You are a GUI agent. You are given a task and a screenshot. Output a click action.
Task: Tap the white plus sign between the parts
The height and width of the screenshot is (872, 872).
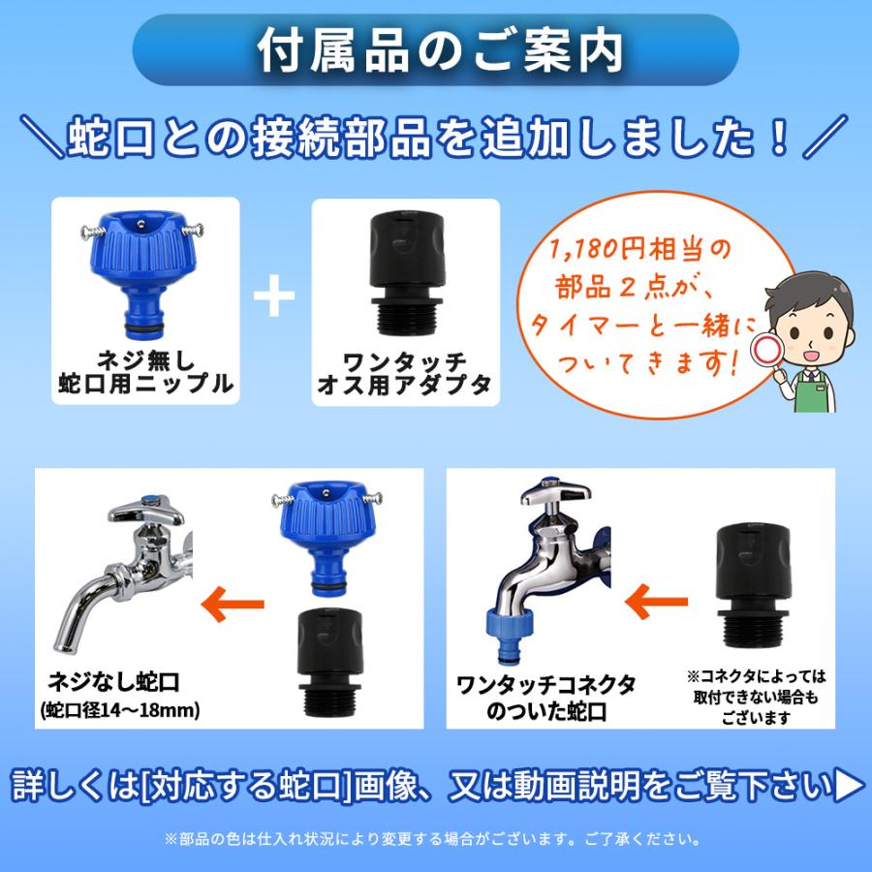(274, 297)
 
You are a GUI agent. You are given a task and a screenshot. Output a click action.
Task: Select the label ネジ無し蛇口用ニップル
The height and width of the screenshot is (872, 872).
(145, 371)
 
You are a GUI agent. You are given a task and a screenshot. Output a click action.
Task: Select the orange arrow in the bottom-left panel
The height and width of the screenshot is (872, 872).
(233, 605)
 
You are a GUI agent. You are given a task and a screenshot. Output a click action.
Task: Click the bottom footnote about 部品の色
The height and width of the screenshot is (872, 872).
(435, 839)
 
